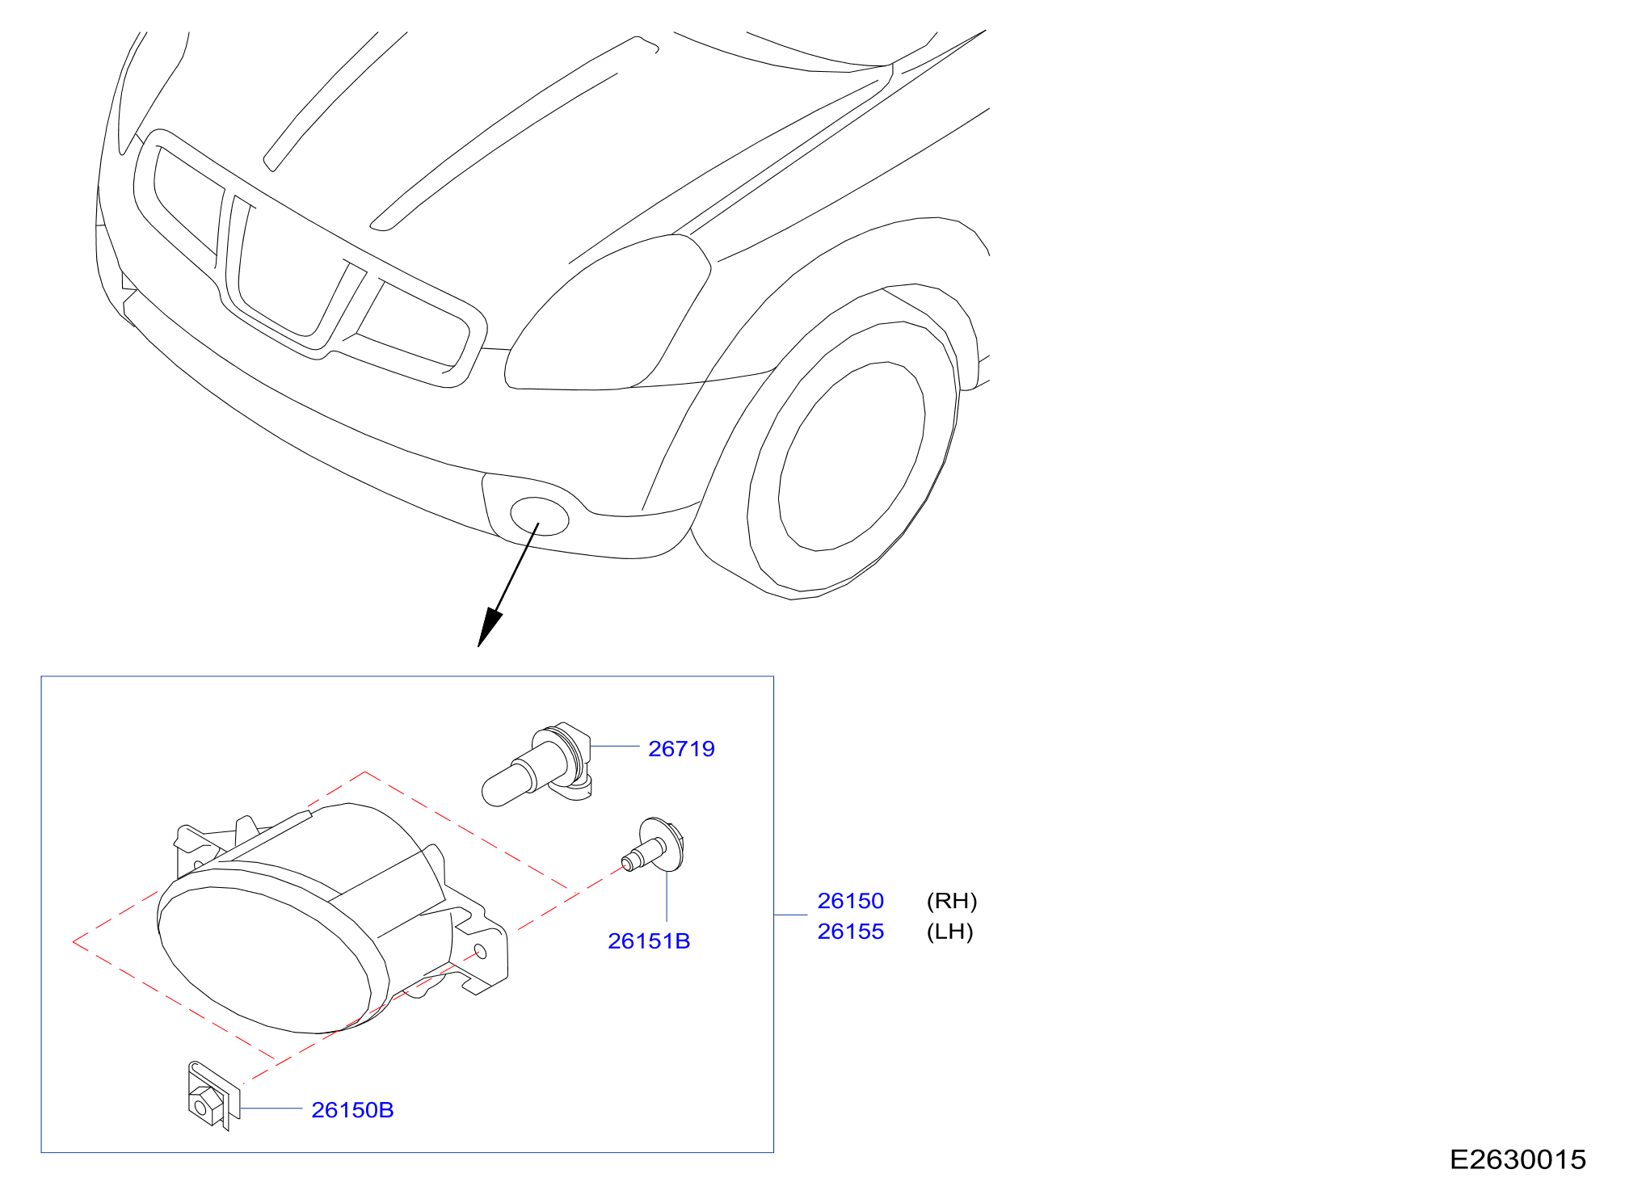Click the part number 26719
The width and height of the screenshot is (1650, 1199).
pos(681,749)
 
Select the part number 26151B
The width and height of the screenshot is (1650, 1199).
pos(649,941)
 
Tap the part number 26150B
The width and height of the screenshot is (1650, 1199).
pos(352,1110)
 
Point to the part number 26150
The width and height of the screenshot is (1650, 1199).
pos(851,901)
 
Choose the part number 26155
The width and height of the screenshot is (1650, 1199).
pos(851,932)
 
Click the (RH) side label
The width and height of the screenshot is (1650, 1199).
pos(952,901)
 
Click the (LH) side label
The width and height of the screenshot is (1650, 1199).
pos(950,932)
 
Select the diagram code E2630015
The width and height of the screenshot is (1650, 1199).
pos(1518,1159)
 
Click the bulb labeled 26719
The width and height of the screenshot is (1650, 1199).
pos(537,764)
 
